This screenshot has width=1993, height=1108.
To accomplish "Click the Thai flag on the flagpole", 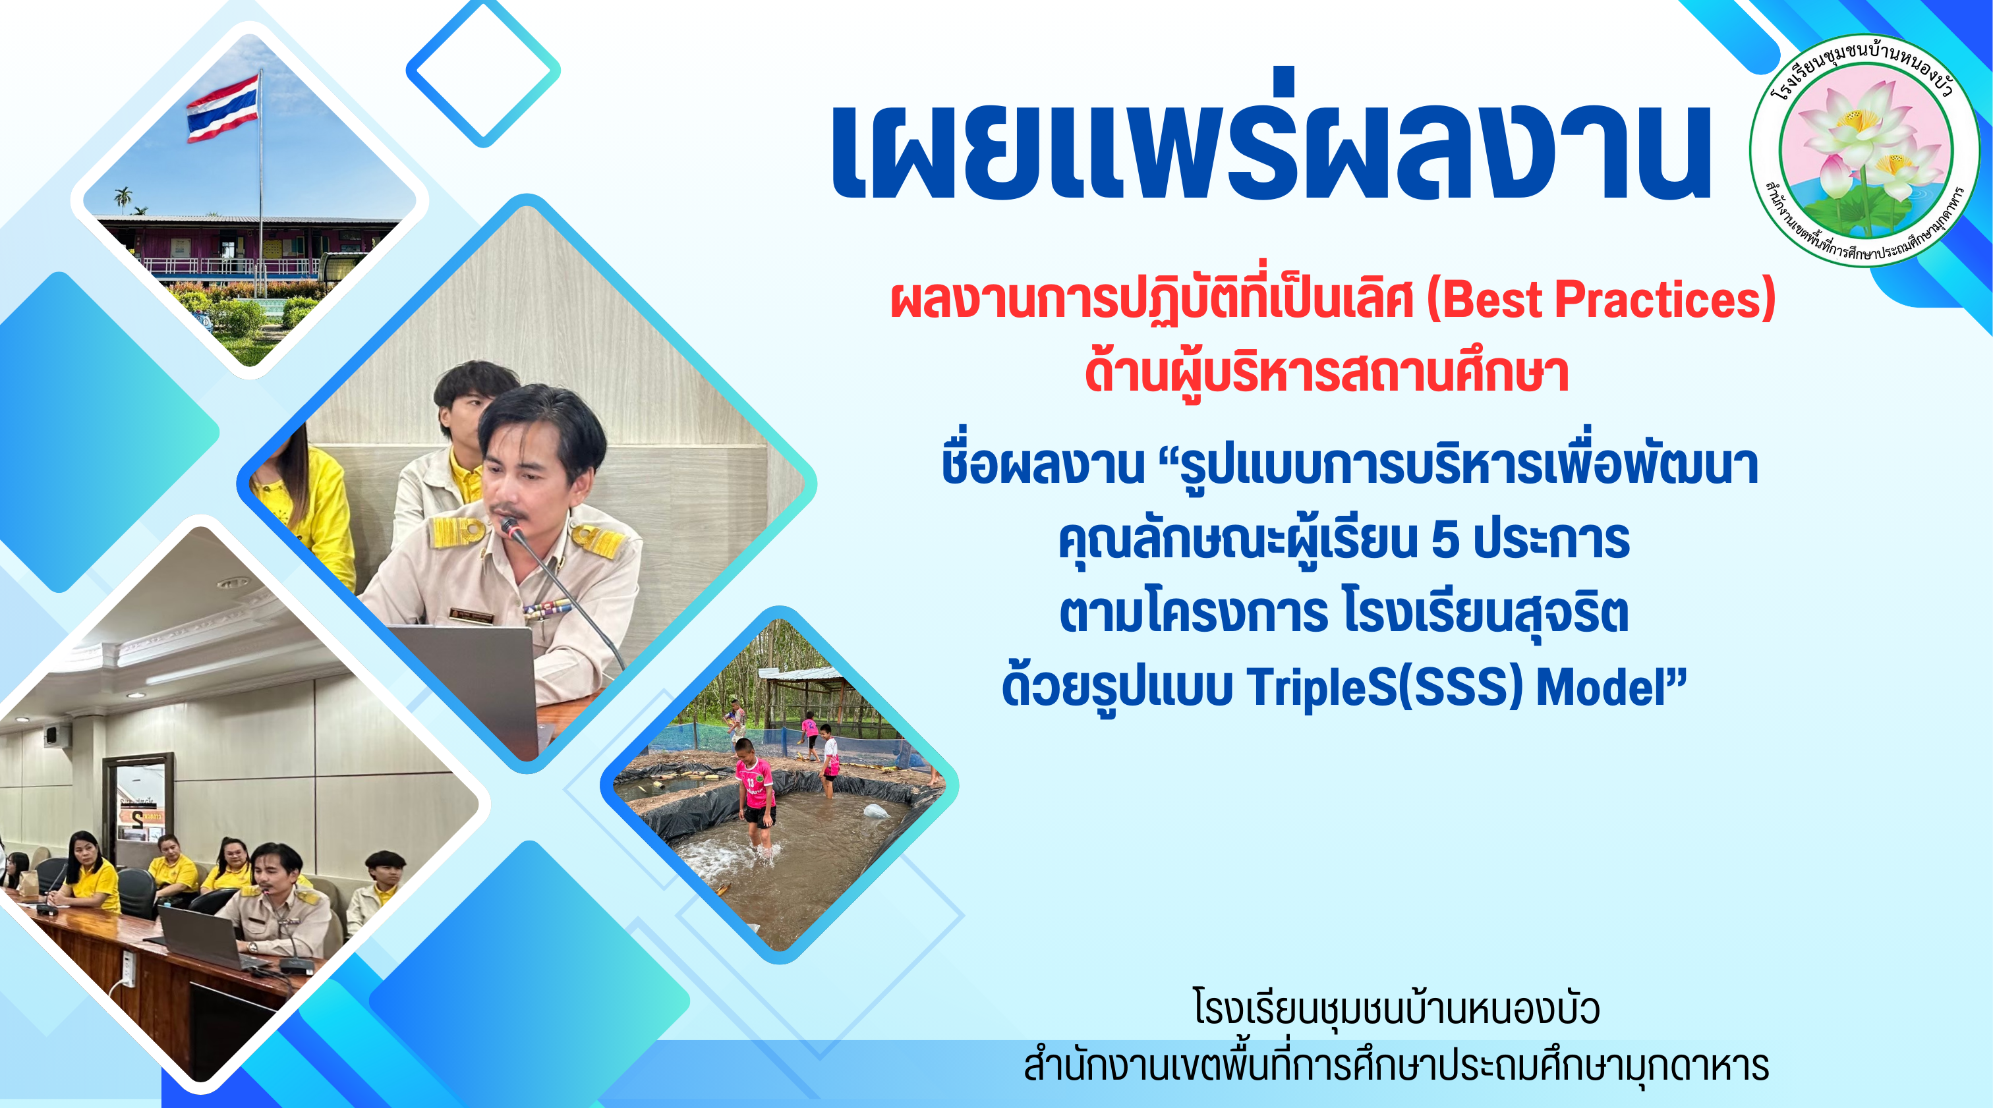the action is pyautogui.click(x=223, y=107).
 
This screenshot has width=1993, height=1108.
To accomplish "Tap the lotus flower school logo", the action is pyautogui.click(x=1865, y=150).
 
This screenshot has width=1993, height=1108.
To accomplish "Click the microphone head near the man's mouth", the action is pyautogui.click(x=511, y=528).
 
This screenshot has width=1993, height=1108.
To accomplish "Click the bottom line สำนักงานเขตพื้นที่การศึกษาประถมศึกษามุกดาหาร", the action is pyautogui.click(x=1396, y=1065).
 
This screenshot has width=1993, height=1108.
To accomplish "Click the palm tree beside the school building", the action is pyautogui.click(x=122, y=198).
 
